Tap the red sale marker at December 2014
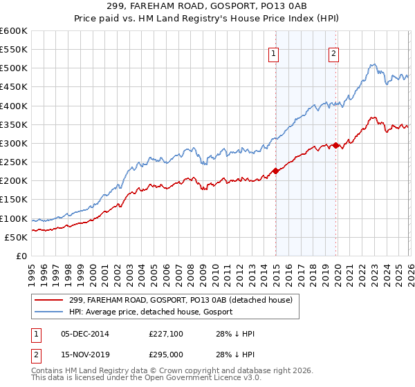[x=275, y=171]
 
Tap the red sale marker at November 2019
[x=336, y=145]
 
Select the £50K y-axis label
[x=16, y=237]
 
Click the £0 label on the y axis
[x=21, y=256]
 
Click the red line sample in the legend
[x=49, y=300]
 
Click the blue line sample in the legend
[x=49, y=312]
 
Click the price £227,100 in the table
[x=165, y=334]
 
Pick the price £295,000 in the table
[x=165, y=355]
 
